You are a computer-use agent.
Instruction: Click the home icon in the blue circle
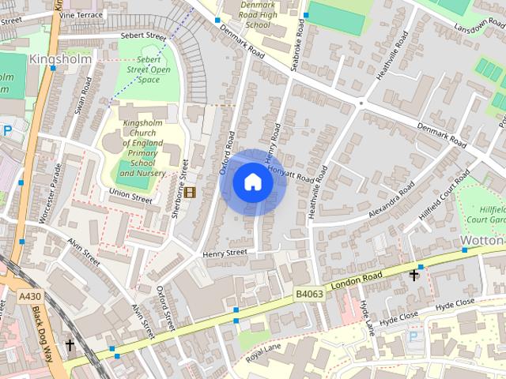(252, 182)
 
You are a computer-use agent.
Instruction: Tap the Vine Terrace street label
(81, 15)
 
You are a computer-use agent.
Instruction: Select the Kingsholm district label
(60, 59)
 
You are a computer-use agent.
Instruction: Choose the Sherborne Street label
(181, 186)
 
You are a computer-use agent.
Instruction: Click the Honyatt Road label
(291, 175)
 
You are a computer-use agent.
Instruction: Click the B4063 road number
(311, 294)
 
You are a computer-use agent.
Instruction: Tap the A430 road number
(29, 297)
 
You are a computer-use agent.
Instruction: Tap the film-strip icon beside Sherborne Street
(190, 193)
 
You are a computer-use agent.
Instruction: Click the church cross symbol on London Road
(413, 275)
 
